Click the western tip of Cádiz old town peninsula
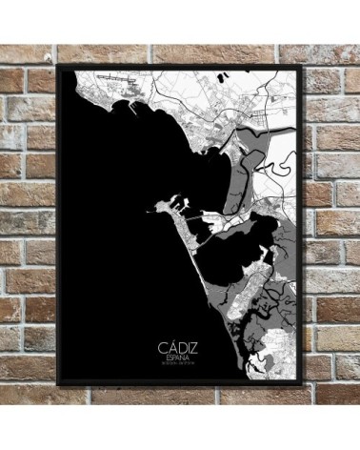click(x=149, y=207)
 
